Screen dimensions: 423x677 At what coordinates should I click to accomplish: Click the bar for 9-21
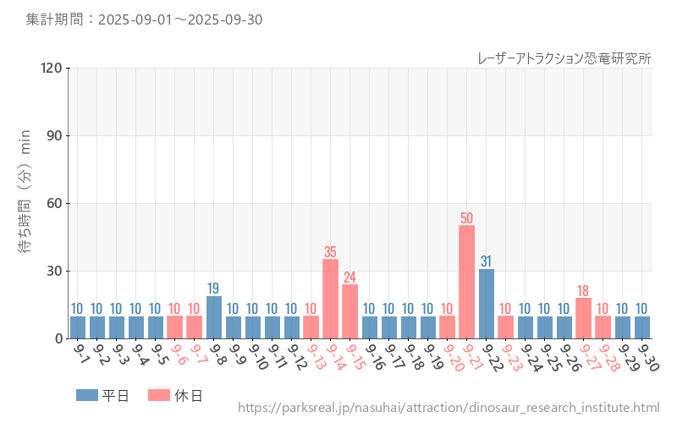(x=466, y=282)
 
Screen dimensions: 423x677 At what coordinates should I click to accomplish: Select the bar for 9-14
(x=330, y=299)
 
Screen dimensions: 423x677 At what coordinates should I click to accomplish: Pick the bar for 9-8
(x=214, y=317)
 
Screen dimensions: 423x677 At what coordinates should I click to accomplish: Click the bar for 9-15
(x=350, y=311)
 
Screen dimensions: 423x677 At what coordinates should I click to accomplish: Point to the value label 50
(x=466, y=218)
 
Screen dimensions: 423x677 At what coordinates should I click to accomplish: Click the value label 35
(x=330, y=252)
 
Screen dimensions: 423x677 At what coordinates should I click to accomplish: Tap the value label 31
(x=486, y=261)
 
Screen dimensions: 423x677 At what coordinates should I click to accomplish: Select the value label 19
(x=214, y=288)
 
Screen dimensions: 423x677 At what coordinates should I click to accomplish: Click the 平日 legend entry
(x=102, y=395)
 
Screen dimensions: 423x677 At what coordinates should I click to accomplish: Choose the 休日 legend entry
(x=175, y=395)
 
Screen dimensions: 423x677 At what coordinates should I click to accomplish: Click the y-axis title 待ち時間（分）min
(x=25, y=204)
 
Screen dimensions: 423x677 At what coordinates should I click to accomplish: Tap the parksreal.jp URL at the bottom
(x=449, y=409)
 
